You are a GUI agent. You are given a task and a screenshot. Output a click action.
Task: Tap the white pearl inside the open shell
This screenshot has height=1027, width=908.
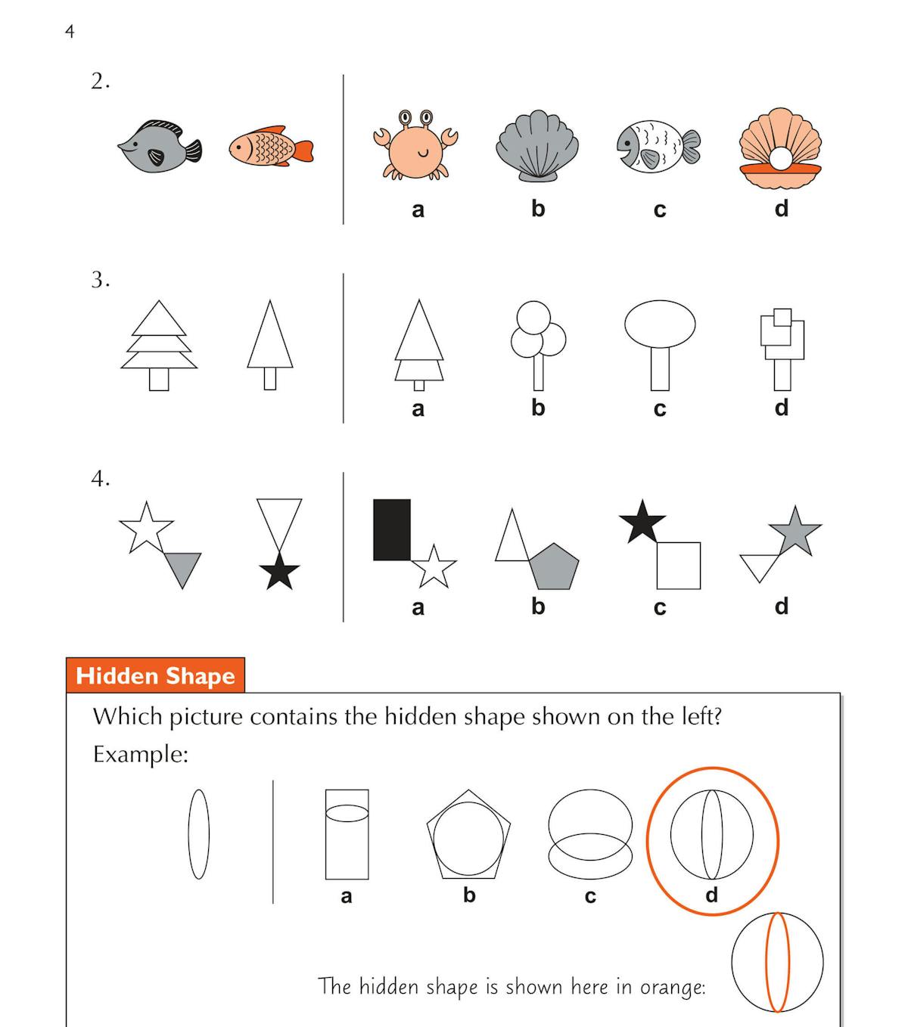tap(780, 159)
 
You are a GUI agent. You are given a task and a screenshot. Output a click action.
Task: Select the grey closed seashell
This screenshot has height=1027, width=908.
tap(537, 146)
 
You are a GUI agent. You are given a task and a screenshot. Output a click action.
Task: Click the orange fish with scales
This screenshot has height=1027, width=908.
tap(271, 147)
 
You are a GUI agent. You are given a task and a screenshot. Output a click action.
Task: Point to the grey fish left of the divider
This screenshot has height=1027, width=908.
tap(160, 147)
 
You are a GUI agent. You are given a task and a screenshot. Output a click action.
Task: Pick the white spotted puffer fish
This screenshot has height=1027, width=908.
tap(658, 147)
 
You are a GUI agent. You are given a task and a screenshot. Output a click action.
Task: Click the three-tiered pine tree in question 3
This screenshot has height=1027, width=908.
tap(159, 345)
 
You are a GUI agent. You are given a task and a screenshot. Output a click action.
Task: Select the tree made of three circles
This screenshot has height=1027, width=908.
tap(538, 345)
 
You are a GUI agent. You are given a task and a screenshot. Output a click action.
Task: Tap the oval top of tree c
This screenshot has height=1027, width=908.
tap(660, 324)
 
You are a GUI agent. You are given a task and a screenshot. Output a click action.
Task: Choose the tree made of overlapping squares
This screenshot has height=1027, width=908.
tap(782, 349)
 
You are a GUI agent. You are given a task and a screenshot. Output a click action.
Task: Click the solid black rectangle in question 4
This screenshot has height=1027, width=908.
tap(392, 529)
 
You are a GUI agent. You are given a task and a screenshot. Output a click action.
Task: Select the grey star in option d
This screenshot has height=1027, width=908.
tap(795, 532)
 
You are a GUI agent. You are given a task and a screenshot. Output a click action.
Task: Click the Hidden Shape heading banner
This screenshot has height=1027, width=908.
tap(155, 675)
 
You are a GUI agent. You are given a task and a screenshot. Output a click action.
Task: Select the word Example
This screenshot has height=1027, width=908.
tap(141, 754)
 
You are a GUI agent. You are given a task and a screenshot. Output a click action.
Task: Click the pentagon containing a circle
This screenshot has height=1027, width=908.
tap(468, 834)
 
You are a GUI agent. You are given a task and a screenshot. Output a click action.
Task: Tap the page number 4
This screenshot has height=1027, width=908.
tap(70, 32)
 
